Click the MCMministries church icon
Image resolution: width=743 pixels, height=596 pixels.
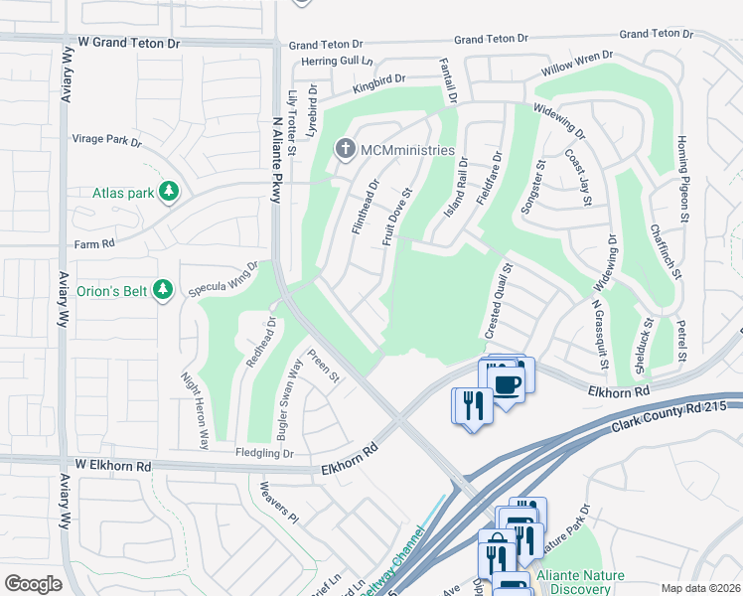click(345, 150)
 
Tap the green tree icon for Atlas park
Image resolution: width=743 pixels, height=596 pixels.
click(170, 191)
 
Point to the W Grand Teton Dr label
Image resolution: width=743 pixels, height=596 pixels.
click(130, 45)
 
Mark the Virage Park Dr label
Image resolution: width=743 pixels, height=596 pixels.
click(107, 140)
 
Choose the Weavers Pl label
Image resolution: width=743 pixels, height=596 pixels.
click(278, 502)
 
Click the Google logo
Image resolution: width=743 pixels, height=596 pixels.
click(34, 584)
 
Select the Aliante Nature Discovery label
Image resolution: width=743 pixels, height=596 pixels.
click(580, 582)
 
